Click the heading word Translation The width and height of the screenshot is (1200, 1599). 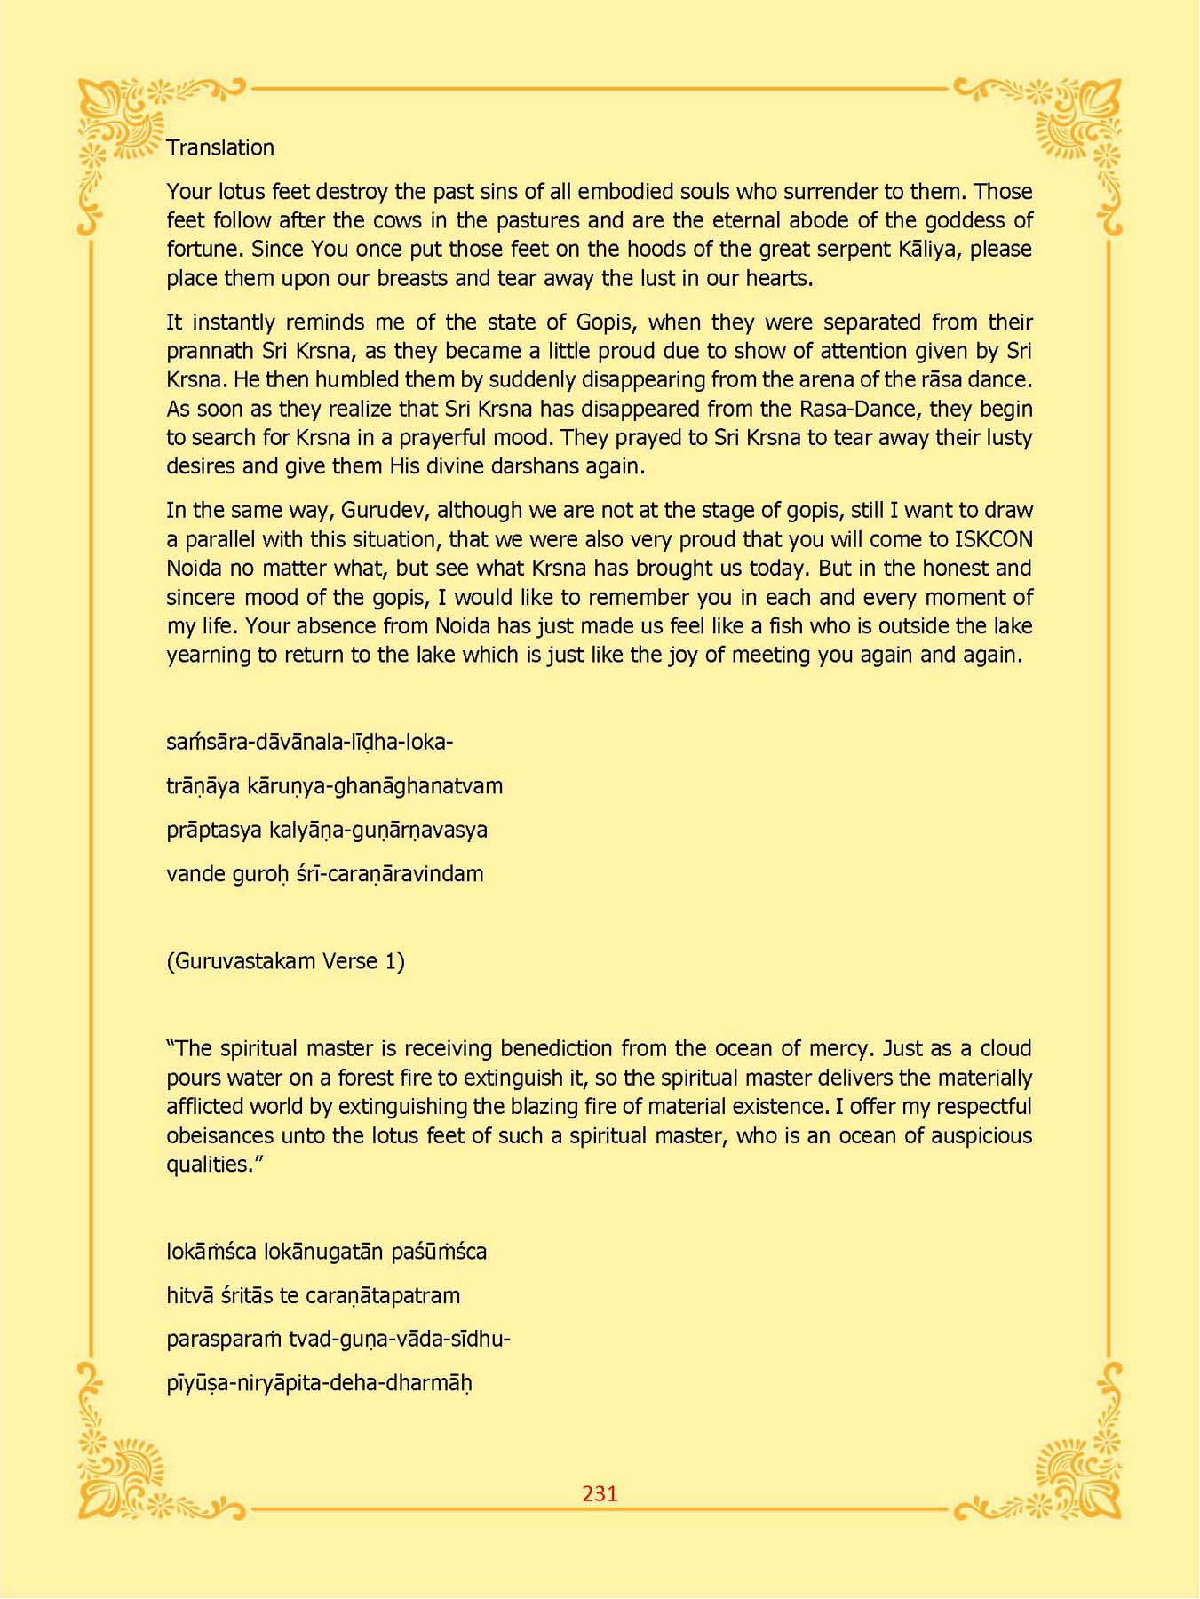point(220,147)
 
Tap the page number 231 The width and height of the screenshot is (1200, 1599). point(600,1493)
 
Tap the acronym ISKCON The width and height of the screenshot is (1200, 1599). point(993,539)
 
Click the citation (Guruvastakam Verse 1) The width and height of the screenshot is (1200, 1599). point(285,961)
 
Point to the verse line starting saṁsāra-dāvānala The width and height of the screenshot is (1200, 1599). point(309,743)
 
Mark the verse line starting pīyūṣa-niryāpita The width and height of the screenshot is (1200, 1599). point(319,1384)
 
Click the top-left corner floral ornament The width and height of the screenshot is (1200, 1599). point(124,124)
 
